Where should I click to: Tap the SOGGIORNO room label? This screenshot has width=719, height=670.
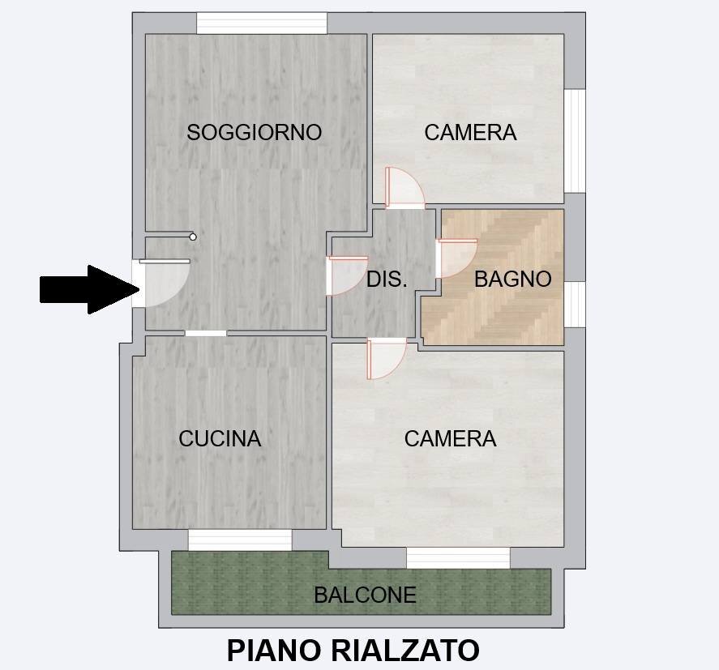[x=254, y=132]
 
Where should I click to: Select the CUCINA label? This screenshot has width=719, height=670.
[x=220, y=438]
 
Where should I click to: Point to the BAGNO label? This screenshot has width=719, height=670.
[x=512, y=279]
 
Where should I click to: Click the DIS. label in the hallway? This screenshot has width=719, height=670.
[x=386, y=280]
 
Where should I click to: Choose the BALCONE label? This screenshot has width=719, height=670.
[x=365, y=595]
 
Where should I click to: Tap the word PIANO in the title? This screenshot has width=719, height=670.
[x=272, y=650]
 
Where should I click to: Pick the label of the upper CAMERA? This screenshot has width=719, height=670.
[x=470, y=132]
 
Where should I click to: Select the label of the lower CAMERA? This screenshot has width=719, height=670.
[x=450, y=438]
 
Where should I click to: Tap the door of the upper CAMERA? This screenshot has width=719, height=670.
[x=404, y=188]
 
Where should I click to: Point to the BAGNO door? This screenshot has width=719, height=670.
[x=456, y=258]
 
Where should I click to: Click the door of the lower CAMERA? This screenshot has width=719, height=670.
[x=386, y=357]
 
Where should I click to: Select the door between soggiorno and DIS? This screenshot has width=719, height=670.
[x=348, y=275]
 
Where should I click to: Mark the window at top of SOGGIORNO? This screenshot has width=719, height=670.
[x=261, y=23]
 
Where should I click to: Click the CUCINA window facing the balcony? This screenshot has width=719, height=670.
[x=240, y=539]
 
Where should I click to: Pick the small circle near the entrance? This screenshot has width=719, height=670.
[x=193, y=237]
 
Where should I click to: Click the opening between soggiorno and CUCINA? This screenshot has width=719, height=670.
[x=206, y=333]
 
